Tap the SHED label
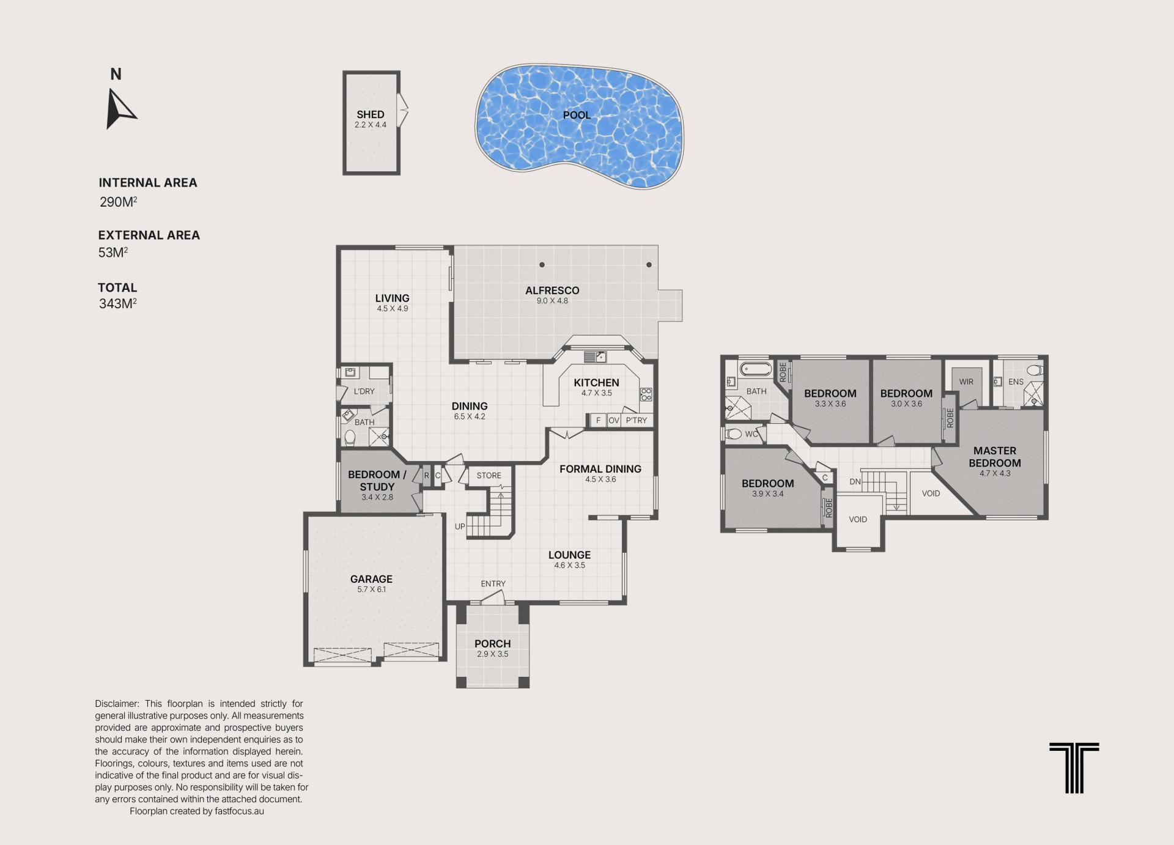[x=371, y=114]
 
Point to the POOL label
[x=577, y=115]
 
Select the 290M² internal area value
[x=118, y=202]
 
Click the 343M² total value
[x=117, y=303]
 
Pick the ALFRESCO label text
[x=552, y=290]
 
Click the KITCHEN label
[x=596, y=383]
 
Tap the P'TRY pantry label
[x=636, y=421]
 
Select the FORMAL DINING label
[x=600, y=469]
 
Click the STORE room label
[x=489, y=476]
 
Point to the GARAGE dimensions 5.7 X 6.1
[x=371, y=589]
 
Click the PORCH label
[x=492, y=644]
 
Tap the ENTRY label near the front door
[x=493, y=584]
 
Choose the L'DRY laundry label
[x=364, y=391]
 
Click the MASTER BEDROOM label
[x=995, y=457]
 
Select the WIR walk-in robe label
[x=966, y=382]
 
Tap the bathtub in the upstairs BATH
[x=756, y=369]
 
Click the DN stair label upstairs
[x=855, y=482]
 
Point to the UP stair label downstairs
[x=460, y=526]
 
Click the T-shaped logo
[x=1074, y=768]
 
